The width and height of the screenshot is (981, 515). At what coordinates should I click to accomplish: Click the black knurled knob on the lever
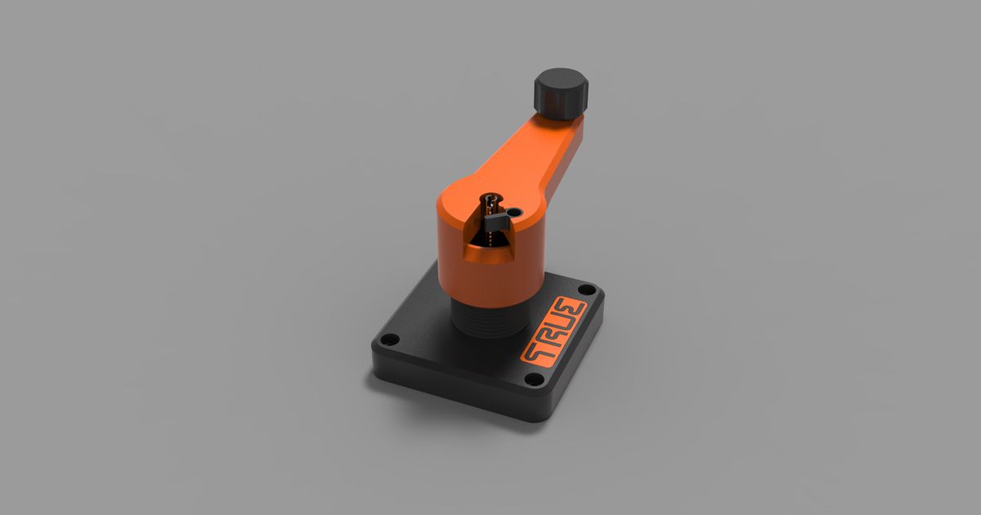[562, 92]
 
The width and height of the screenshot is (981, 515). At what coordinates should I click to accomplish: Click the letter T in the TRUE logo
[534, 351]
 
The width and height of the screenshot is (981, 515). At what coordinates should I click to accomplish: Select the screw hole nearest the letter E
[587, 289]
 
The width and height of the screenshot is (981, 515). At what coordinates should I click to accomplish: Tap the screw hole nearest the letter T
[533, 379]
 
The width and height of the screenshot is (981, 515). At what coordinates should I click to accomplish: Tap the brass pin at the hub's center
[490, 199]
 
